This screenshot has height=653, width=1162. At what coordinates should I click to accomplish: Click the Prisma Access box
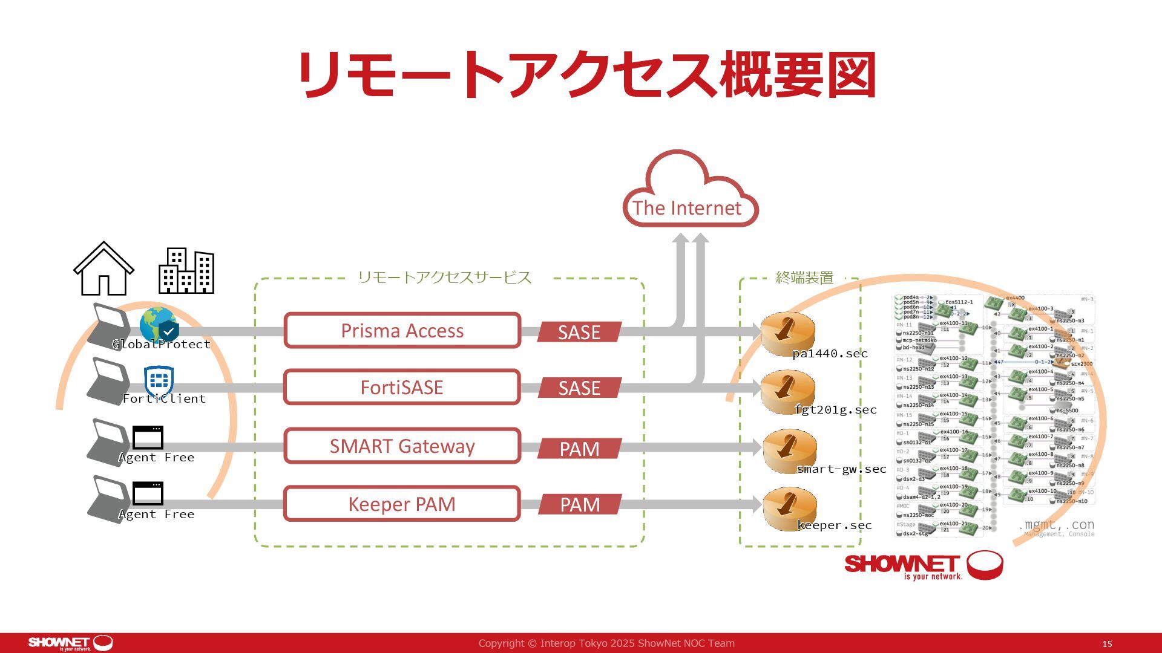click(402, 331)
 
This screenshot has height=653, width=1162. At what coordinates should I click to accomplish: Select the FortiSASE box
click(402, 387)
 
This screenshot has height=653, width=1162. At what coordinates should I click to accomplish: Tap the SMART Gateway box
click(402, 446)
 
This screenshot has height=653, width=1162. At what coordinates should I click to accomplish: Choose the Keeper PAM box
click(402, 504)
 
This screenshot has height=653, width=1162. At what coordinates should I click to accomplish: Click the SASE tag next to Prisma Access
click(579, 332)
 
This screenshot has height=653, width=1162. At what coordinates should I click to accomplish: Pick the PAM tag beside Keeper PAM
click(580, 504)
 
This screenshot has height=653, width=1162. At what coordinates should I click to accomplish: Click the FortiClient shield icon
click(159, 381)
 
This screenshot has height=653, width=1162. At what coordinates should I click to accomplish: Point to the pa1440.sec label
click(830, 354)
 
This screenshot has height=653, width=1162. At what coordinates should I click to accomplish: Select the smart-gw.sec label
click(841, 469)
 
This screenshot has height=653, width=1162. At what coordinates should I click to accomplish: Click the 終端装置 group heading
click(804, 278)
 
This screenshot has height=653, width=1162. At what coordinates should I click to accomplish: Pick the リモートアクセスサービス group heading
click(445, 278)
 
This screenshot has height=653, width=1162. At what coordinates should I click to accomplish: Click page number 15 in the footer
click(1107, 644)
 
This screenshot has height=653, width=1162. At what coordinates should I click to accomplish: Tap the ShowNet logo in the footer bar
click(70, 643)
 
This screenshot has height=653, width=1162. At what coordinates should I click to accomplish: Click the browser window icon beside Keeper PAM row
click(148, 493)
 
